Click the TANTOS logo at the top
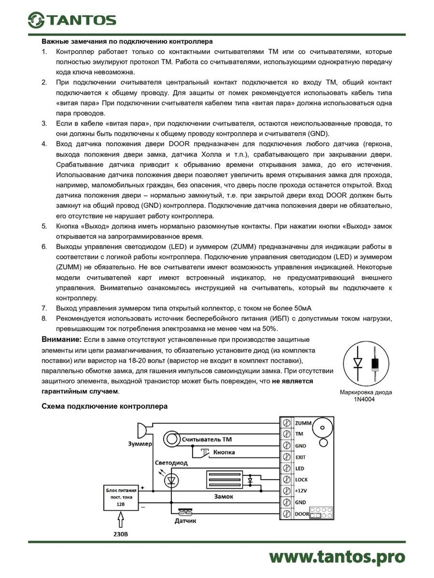(72, 20)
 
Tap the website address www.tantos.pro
(337, 557)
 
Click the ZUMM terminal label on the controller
(303, 423)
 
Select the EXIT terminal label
(300, 457)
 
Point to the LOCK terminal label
(301, 480)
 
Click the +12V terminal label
(301, 491)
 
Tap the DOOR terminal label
(302, 514)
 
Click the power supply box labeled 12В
(121, 497)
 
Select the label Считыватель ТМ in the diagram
(207, 439)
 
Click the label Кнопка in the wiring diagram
(224, 452)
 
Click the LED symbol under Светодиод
(171, 480)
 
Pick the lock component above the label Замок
(224, 480)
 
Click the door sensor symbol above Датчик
(185, 511)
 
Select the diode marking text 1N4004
(364, 399)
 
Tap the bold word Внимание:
(61, 340)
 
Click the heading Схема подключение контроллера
(104, 406)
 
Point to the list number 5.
(44, 226)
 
